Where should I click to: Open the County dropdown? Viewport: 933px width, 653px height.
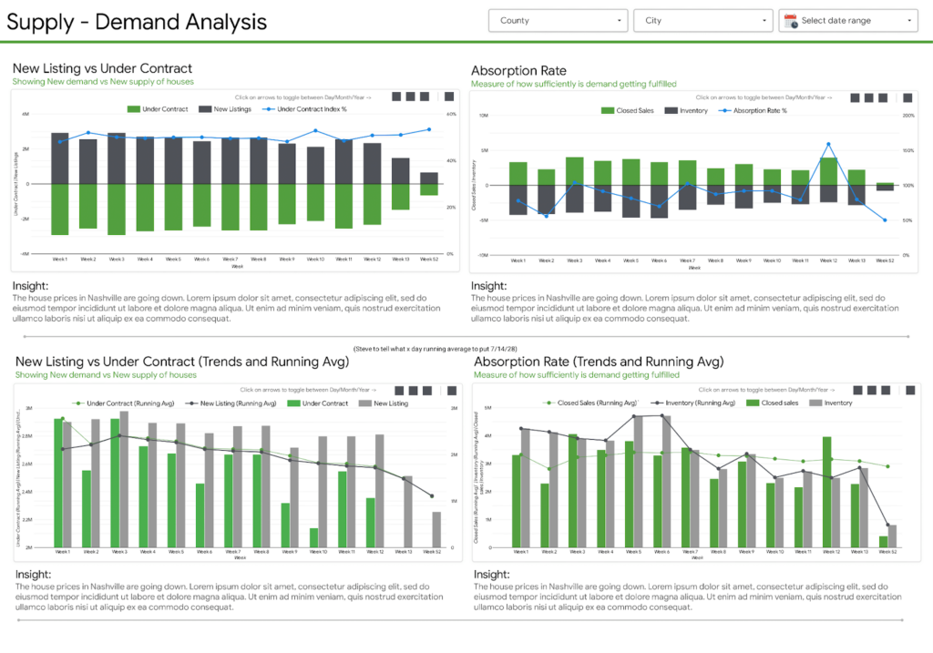point(558,20)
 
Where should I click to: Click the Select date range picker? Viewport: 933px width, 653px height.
point(847,20)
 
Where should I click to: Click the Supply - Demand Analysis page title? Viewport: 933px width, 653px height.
point(137,22)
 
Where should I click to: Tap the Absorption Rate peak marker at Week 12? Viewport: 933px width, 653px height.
point(828,144)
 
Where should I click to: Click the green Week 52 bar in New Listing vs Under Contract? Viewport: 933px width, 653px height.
point(428,189)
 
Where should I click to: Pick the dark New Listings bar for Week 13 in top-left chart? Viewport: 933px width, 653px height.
point(400,170)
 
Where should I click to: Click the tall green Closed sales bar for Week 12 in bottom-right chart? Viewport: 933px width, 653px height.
point(827,493)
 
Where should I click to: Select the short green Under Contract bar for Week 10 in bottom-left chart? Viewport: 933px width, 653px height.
point(313,537)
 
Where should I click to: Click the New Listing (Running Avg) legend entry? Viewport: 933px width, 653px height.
point(232,403)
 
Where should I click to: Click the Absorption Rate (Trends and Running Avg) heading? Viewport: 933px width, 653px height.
point(599,362)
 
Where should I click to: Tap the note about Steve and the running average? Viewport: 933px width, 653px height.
point(465,349)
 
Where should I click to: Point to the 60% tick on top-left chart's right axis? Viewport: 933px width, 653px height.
point(450,115)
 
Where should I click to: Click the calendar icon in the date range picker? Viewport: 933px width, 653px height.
point(791,20)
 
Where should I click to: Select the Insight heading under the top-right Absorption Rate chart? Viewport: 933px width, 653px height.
point(489,285)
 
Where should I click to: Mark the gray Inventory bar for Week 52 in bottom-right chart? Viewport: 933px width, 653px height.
point(892,536)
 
